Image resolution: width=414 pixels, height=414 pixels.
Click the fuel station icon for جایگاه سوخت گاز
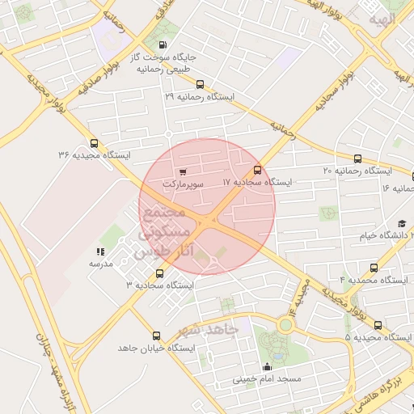click(164, 45)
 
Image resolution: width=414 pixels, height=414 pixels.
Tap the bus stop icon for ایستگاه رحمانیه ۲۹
click(200, 84)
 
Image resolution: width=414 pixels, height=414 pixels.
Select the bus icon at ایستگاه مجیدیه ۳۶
click(95, 142)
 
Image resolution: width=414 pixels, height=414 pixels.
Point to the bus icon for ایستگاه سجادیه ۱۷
click(257, 170)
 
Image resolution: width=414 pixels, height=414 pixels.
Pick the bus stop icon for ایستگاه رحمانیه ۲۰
click(357, 158)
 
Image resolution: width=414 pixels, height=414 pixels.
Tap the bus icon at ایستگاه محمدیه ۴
click(373, 268)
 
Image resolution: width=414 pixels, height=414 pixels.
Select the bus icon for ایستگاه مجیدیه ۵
click(378, 324)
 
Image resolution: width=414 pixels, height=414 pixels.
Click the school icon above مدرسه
click(101, 251)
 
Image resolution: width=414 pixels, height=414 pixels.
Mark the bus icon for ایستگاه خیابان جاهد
click(157, 335)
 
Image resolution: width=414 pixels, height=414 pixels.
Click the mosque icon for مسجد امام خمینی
click(267, 366)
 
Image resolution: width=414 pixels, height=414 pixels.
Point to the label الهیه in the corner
click(382, 19)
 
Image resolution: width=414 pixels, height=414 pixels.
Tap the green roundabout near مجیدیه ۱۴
click(285, 324)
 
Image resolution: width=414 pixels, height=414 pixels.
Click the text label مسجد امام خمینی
click(267, 378)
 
